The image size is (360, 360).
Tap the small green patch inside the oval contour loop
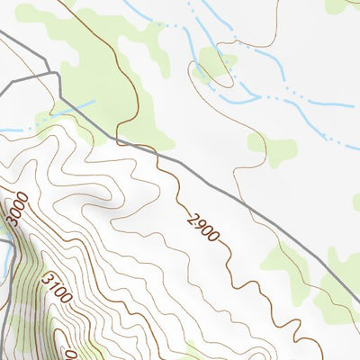214,65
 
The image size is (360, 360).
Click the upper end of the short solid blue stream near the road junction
93,102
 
